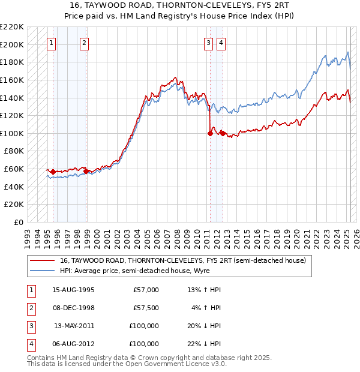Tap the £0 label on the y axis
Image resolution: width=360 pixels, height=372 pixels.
point(19,222)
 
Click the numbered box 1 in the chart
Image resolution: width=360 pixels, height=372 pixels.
point(52,43)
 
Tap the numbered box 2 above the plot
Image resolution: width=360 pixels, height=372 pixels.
point(84,43)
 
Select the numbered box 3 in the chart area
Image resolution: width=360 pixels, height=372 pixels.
point(208,43)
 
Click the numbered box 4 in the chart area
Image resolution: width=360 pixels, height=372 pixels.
point(221,43)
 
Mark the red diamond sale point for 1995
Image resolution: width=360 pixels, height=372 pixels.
point(53,172)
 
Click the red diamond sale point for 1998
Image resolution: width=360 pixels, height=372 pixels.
point(86,171)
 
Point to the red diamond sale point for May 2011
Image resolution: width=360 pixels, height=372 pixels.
point(210,133)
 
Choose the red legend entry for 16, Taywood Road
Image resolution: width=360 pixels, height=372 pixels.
point(183,260)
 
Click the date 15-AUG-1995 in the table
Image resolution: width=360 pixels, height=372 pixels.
point(73,290)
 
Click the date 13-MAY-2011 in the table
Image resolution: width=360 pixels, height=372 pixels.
point(74,326)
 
